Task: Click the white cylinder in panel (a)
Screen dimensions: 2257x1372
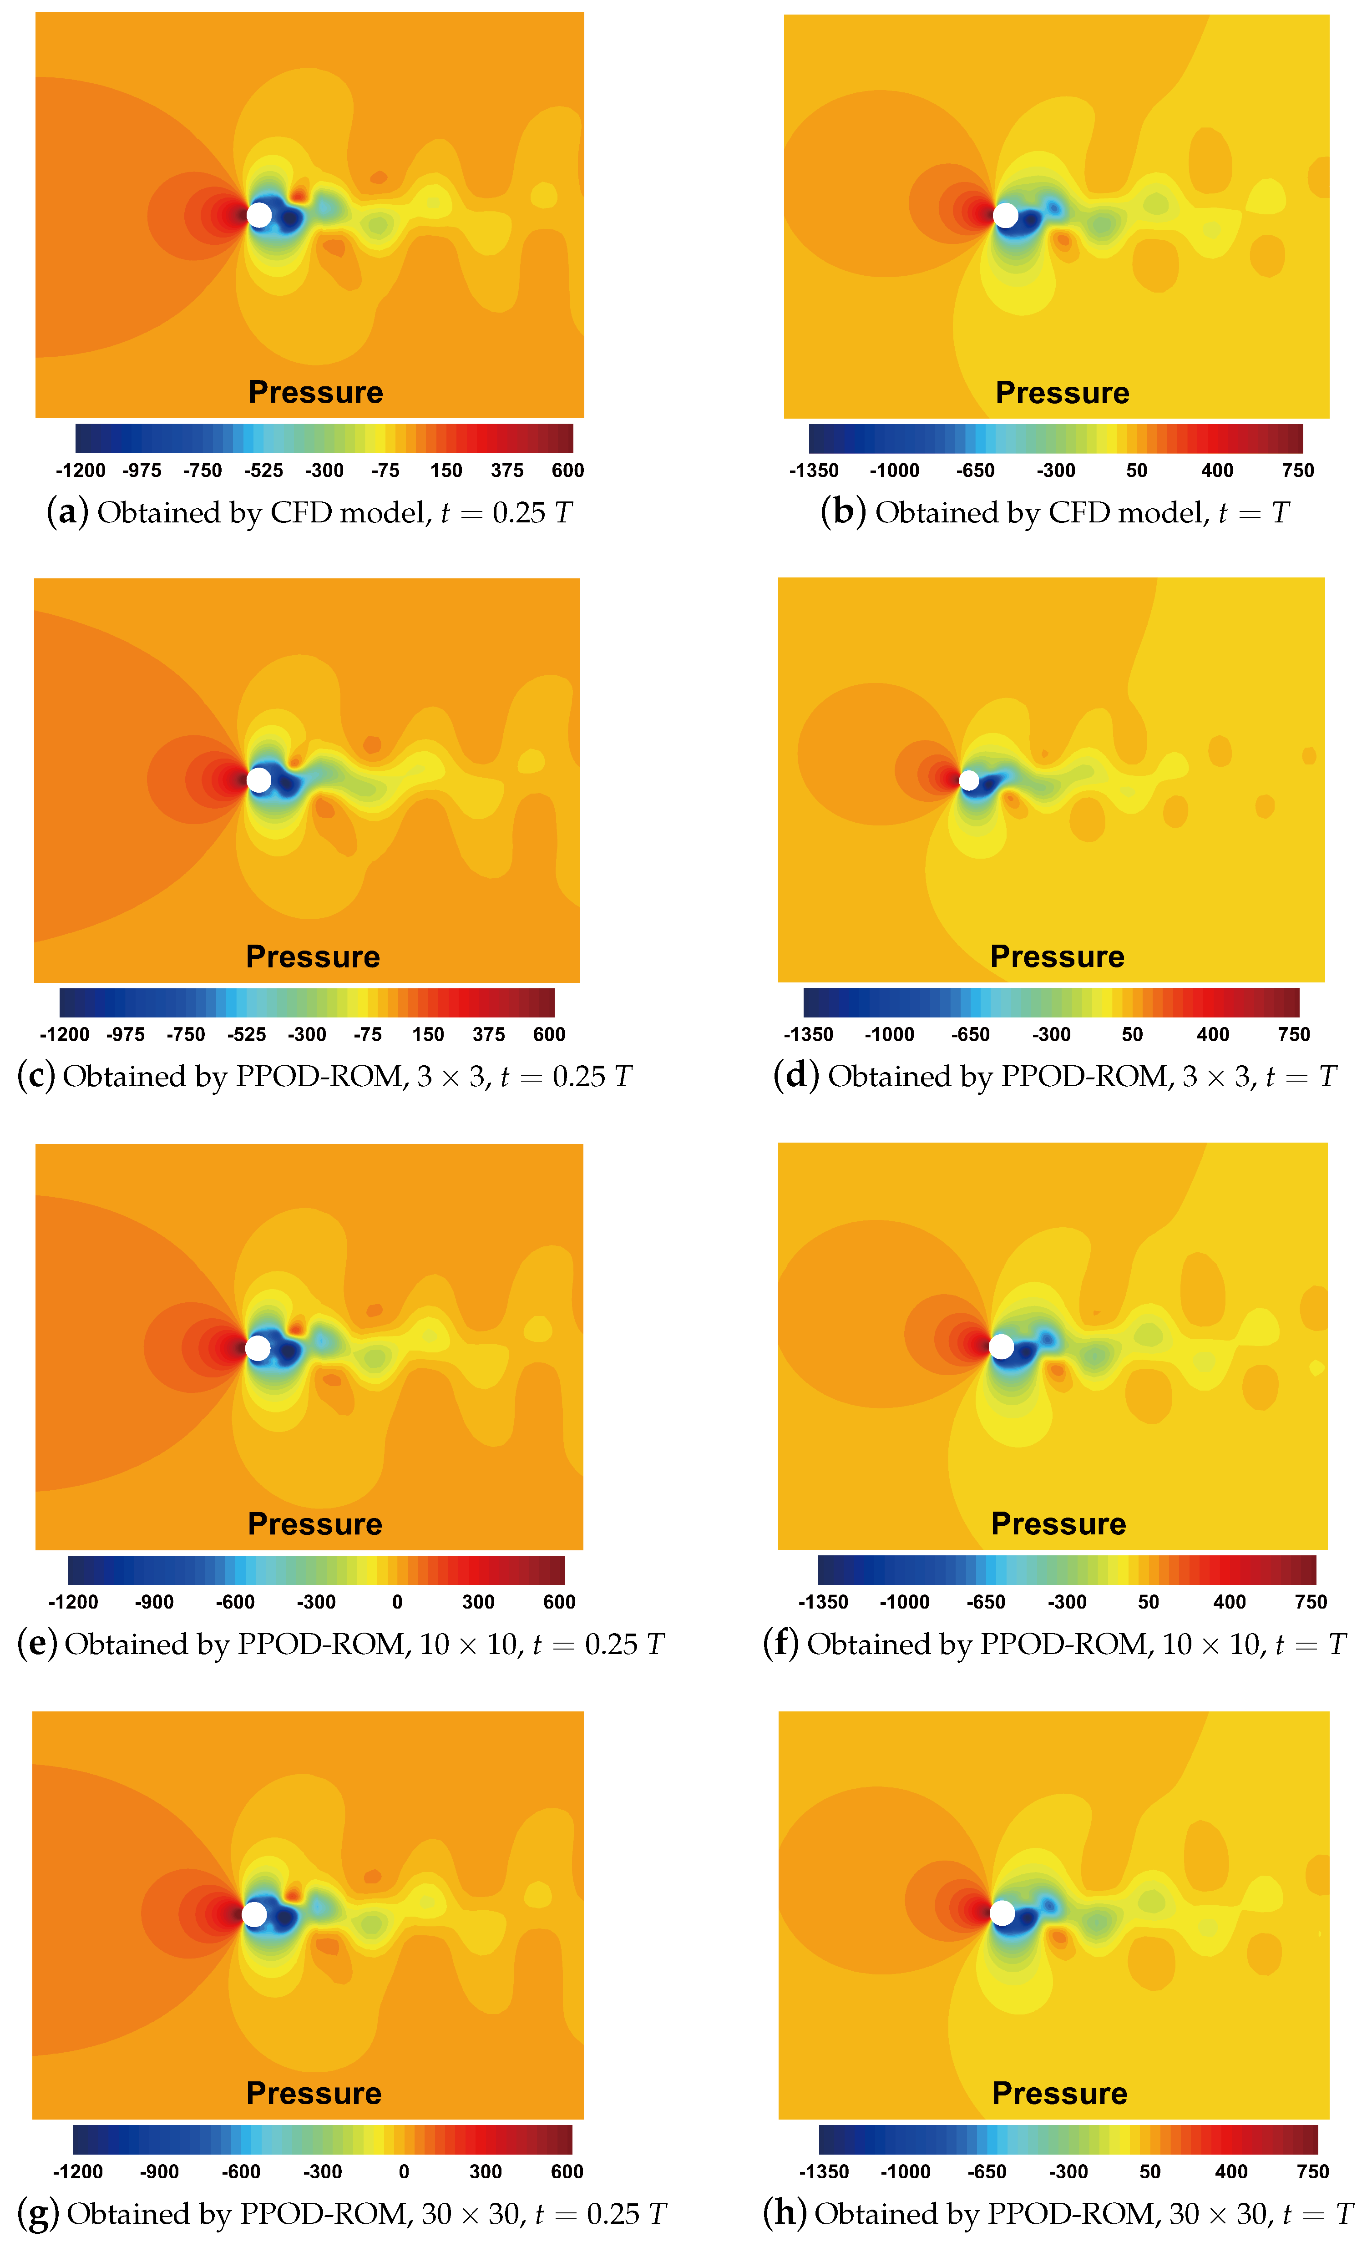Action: pos(259,215)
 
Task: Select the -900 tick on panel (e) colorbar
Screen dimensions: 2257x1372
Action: pos(154,1602)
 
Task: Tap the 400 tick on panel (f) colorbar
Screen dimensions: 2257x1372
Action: pos(1229,1602)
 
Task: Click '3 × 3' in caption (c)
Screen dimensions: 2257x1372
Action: pos(451,1076)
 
